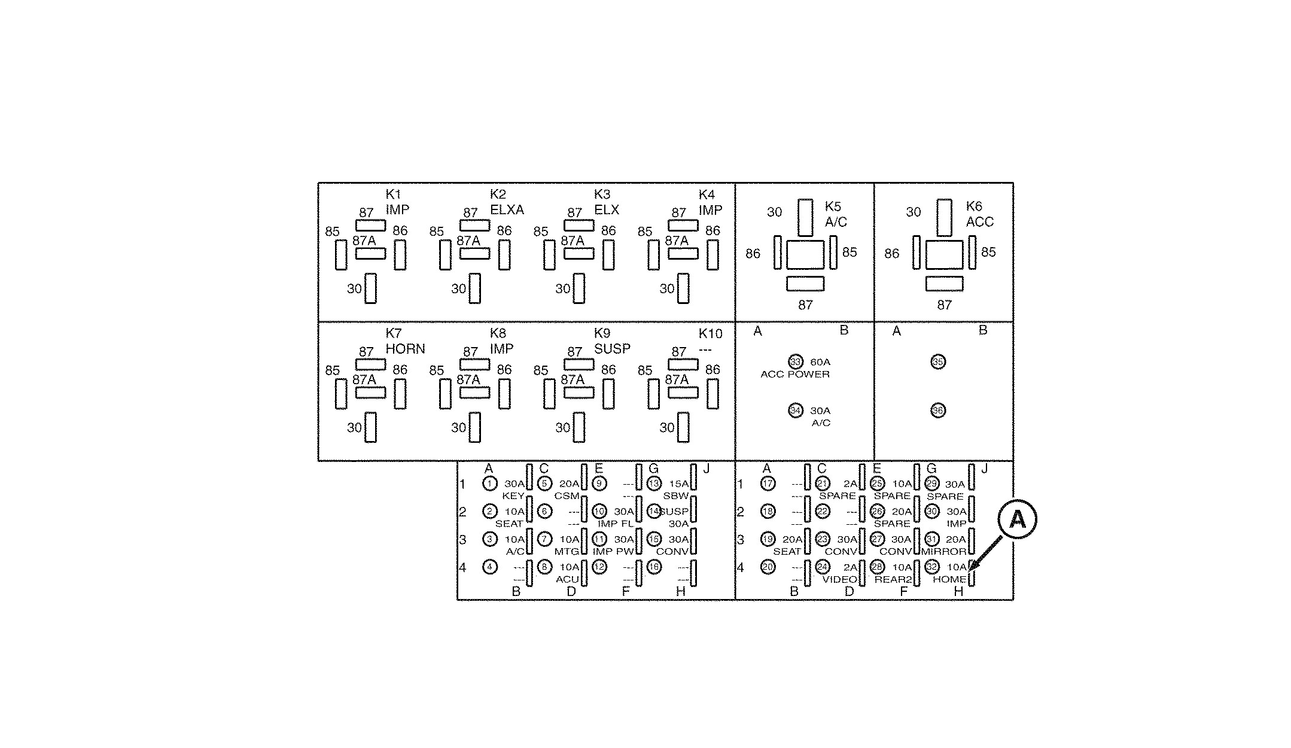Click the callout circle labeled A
[x=1017, y=518]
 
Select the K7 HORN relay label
[x=405, y=341]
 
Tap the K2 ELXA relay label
[x=506, y=202]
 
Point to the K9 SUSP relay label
[x=611, y=341]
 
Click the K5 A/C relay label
[x=836, y=214]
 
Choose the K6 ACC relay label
[x=979, y=214]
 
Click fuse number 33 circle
[x=795, y=362]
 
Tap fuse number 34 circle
[x=795, y=411]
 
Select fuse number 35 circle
[x=938, y=362]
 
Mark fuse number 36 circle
[x=938, y=411]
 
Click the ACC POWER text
[x=795, y=375]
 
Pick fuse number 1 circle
[x=490, y=484]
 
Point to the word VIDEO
[x=839, y=579]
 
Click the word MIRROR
[x=943, y=551]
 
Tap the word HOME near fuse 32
[x=949, y=579]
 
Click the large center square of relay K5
[x=805, y=255]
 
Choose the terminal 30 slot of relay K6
[x=945, y=217]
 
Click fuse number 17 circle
[x=768, y=484]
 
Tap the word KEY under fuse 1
[x=513, y=496]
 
